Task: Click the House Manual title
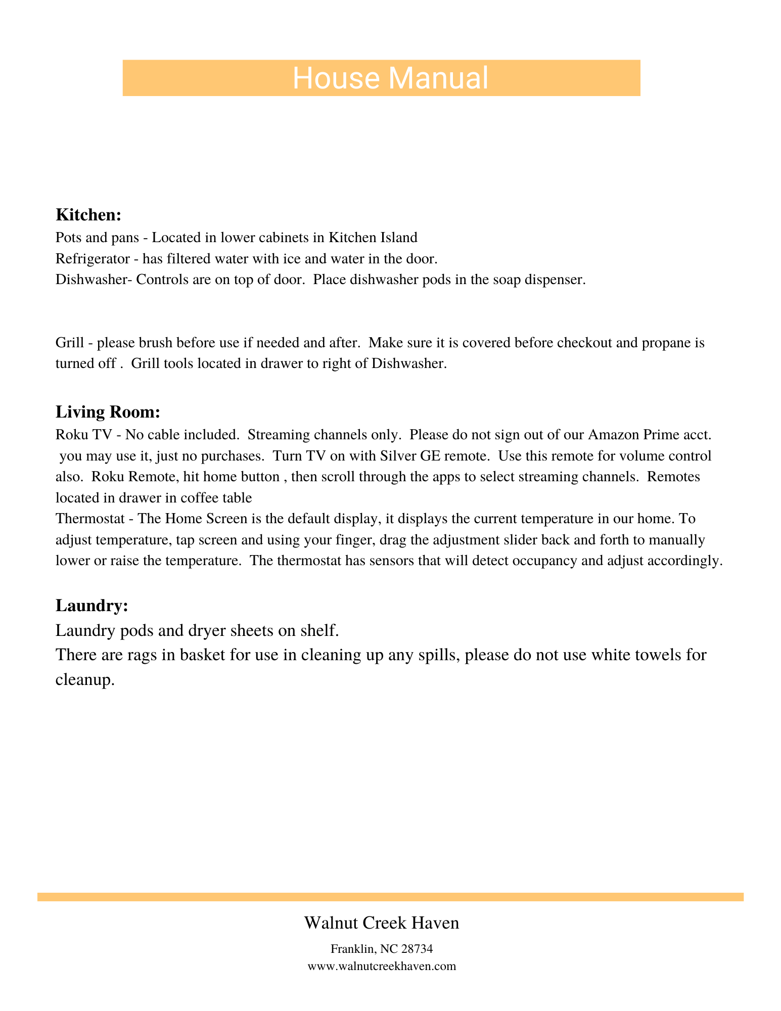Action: [x=390, y=79]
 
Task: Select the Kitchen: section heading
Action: [x=88, y=215]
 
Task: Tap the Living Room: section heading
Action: [x=108, y=412]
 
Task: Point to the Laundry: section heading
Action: [x=91, y=606]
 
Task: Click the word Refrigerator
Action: [x=93, y=259]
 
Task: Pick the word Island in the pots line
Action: [x=399, y=237]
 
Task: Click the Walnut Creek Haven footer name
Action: [x=382, y=923]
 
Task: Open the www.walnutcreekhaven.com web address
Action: [x=382, y=967]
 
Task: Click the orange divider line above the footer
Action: [x=390, y=897]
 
